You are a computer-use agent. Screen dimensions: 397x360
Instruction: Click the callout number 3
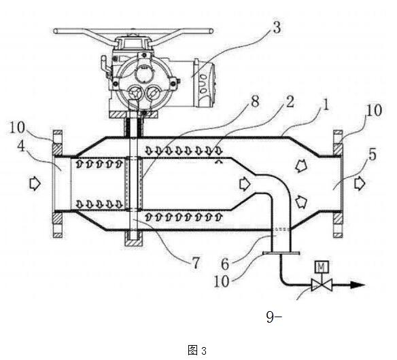(277, 28)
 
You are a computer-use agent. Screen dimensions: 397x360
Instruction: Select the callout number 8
(255, 101)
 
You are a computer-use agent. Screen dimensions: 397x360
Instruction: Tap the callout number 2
(290, 102)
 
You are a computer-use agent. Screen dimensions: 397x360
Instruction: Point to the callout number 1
(326, 105)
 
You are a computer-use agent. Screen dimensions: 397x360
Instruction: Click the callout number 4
(22, 146)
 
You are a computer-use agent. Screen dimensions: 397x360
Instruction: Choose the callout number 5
(373, 155)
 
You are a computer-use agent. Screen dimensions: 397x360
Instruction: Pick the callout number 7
(196, 263)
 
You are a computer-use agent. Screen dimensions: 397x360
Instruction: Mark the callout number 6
(225, 264)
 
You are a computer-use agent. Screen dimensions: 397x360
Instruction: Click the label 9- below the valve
(274, 317)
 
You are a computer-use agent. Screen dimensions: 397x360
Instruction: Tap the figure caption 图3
(197, 350)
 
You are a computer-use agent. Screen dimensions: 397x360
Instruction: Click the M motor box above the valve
(322, 267)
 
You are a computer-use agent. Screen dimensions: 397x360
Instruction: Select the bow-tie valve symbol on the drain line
(322, 285)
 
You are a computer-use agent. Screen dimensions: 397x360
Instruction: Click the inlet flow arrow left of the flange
(35, 183)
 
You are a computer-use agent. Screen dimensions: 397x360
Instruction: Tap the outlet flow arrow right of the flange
(360, 183)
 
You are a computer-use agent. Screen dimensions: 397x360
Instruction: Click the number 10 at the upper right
(374, 111)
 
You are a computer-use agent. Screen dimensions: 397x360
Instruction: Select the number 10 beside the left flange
(17, 128)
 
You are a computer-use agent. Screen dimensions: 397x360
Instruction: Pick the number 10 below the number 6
(222, 281)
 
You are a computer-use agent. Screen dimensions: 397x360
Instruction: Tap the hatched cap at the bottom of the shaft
(134, 242)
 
